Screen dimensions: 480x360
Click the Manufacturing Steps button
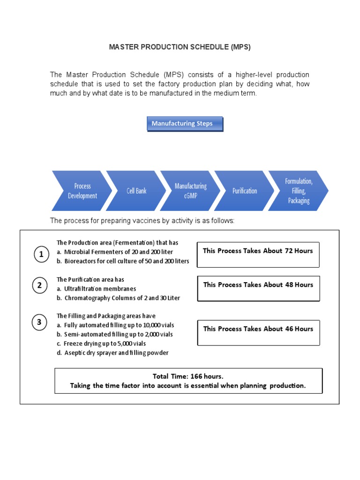pos(185,124)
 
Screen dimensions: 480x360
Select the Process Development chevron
pos(82,191)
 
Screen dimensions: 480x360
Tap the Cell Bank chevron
pos(136,191)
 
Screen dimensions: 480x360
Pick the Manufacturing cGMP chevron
pos(190,191)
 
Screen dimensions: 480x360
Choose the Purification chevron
pos(245,191)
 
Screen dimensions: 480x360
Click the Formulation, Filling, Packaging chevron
pos(299,191)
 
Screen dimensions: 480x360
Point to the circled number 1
pos(41,255)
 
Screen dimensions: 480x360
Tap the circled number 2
pos(40,285)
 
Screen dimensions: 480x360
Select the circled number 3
pos(40,322)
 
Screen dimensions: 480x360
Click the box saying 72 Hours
pos(258,255)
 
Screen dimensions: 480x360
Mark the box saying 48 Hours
pos(258,288)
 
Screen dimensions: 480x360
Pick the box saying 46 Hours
pos(258,332)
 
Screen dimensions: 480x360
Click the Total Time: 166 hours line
pos(188,376)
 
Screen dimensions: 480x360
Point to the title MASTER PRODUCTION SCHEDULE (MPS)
pos(180,47)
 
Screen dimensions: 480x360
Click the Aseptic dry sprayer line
pos(112,353)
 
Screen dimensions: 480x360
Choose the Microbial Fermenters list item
pos(115,252)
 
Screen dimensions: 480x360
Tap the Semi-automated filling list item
pos(115,334)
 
